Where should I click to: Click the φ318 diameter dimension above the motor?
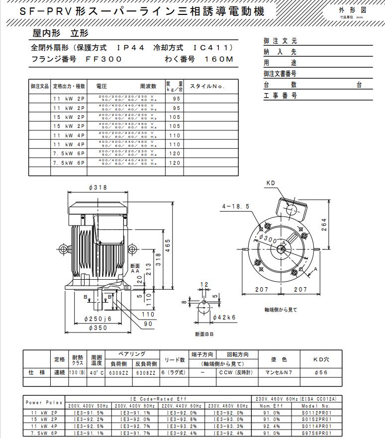(x=98, y=188)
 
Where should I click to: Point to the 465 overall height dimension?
(x=168, y=246)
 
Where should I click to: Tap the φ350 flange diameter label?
(x=97, y=328)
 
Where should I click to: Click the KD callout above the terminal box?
(x=270, y=183)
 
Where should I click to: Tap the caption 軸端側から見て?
(x=281, y=310)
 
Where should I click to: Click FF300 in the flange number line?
(x=104, y=59)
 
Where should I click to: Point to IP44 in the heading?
(x=130, y=48)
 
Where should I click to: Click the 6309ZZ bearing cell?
(x=118, y=372)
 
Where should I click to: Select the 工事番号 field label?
(x=280, y=96)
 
